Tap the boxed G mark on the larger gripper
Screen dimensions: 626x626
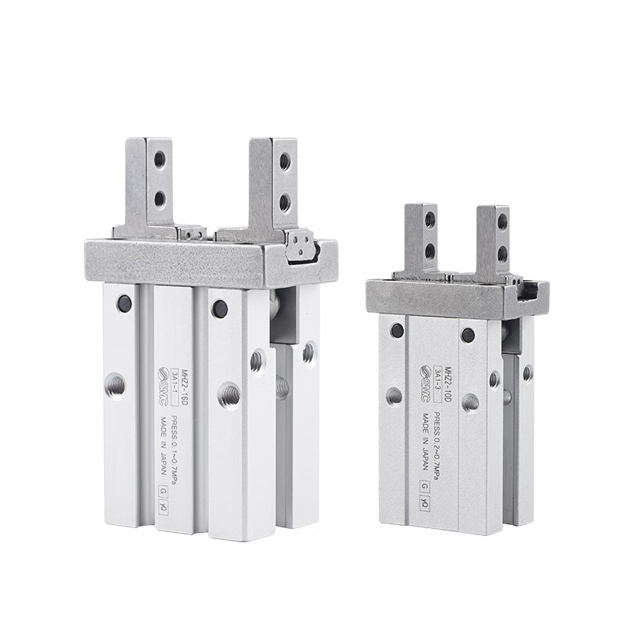point(163,491)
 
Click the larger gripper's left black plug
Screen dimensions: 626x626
point(124,303)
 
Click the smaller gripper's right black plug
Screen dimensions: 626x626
point(467,336)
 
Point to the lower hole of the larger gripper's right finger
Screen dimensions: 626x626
point(285,204)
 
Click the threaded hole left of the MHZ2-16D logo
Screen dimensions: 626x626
point(115,384)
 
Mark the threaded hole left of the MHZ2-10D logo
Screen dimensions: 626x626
point(394,396)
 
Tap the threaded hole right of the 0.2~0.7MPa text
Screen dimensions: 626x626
point(470,402)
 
